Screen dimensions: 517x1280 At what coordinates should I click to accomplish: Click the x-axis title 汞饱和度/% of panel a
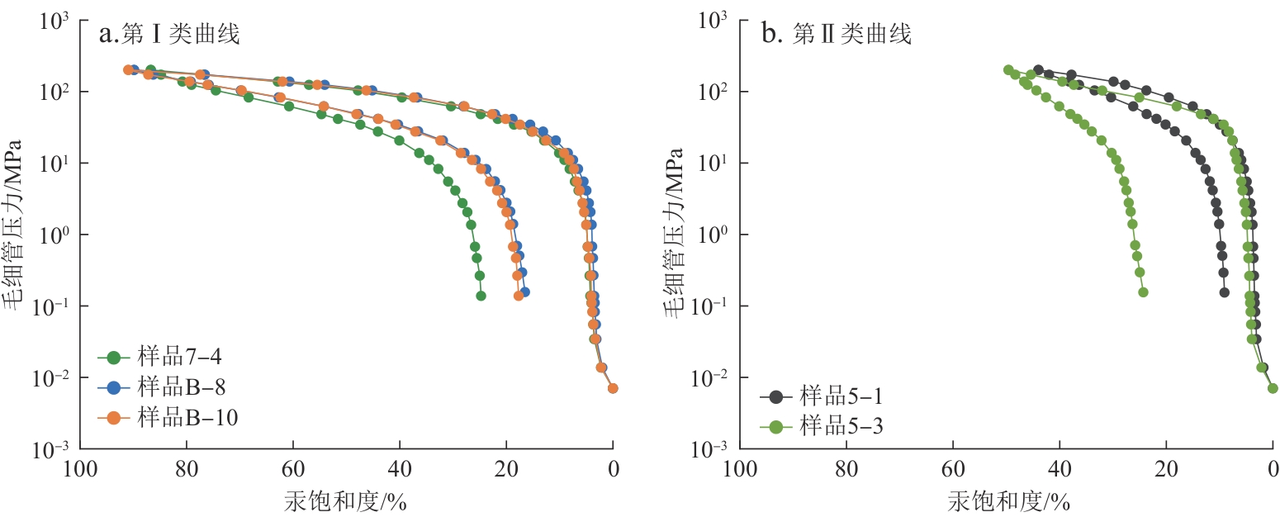pyautogui.click(x=346, y=500)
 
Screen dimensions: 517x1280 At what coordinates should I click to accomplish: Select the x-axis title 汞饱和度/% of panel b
pyautogui.click(x=1007, y=500)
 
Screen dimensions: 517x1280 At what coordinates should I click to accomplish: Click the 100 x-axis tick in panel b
pyautogui.click(x=739, y=469)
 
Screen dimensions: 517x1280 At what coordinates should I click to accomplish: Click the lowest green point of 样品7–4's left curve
pyautogui.click(x=481, y=295)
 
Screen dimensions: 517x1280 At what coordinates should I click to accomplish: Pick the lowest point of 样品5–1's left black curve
pyautogui.click(x=1224, y=292)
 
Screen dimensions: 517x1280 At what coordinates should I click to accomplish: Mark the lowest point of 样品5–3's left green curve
pyautogui.click(x=1143, y=292)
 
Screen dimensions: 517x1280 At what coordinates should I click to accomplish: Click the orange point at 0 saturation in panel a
pyautogui.click(x=613, y=388)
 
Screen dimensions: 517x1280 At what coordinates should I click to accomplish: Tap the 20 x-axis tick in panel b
pyautogui.click(x=1166, y=469)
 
